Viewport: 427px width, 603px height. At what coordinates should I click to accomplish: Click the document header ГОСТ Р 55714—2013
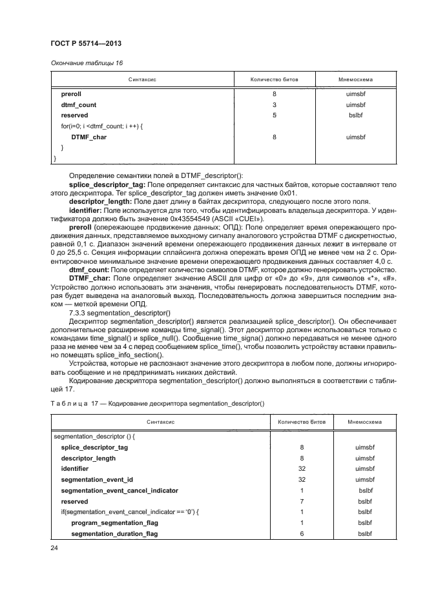pos(86,43)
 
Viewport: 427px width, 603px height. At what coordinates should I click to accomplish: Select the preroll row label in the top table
pos(71,94)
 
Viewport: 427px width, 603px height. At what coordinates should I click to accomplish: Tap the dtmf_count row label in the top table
pos(79,104)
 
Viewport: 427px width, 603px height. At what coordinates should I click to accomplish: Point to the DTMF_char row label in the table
pos(89,137)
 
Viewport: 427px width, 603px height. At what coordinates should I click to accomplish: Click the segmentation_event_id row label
pos(97,480)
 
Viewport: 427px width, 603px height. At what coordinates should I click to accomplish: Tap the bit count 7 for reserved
pos(302,501)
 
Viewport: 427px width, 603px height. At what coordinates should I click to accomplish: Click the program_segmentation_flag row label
pos(114,523)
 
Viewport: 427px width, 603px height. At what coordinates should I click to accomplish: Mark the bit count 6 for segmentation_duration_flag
pos(302,534)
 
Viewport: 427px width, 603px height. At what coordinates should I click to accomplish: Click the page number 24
pos(55,548)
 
